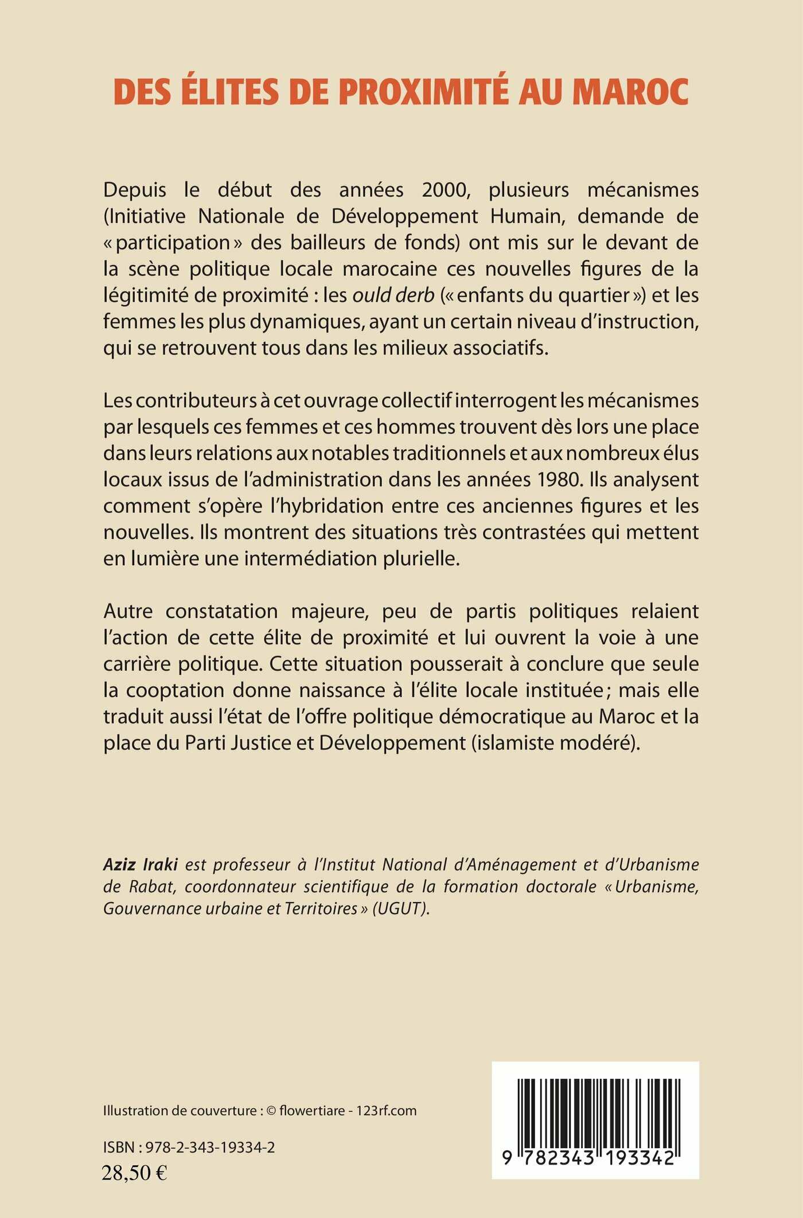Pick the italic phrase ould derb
(393, 295)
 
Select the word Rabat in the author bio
(151, 887)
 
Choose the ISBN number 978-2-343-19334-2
(210, 1147)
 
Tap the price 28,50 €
(134, 1173)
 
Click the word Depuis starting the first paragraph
(135, 190)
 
